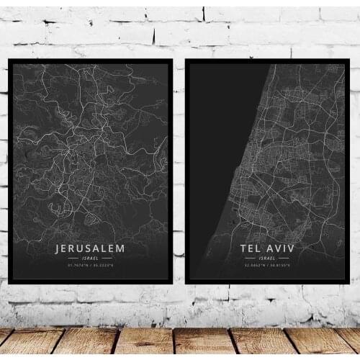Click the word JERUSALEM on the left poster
tap(90, 248)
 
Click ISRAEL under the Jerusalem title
tap(90, 258)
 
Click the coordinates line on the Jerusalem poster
tap(90, 266)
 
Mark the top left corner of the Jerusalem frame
tap(9, 60)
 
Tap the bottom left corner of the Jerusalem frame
tap(9, 282)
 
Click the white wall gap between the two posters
tap(179, 173)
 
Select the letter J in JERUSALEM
tap(58, 248)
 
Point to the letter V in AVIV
tap(284, 248)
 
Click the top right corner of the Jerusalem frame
tap(173, 60)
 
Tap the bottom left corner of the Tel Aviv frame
tap(186, 282)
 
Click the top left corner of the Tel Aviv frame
tap(186, 60)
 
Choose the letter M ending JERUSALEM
tap(120, 248)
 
